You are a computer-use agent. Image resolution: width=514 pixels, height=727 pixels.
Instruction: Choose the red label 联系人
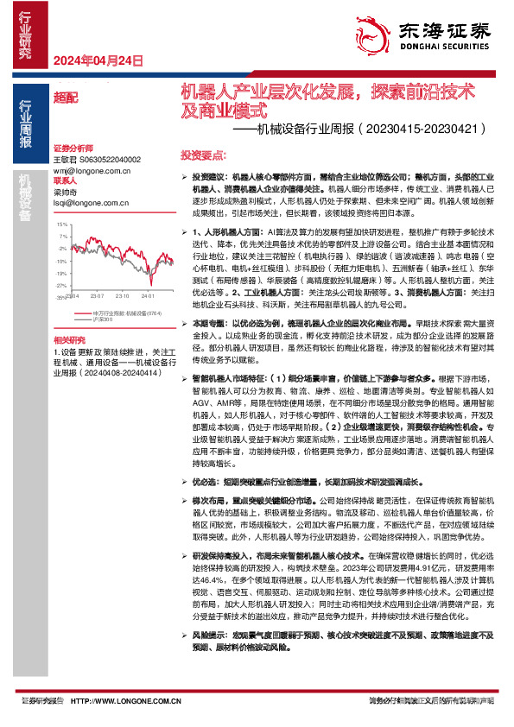click(x=67, y=181)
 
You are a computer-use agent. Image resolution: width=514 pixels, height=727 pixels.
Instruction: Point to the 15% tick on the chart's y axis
click(x=61, y=224)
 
